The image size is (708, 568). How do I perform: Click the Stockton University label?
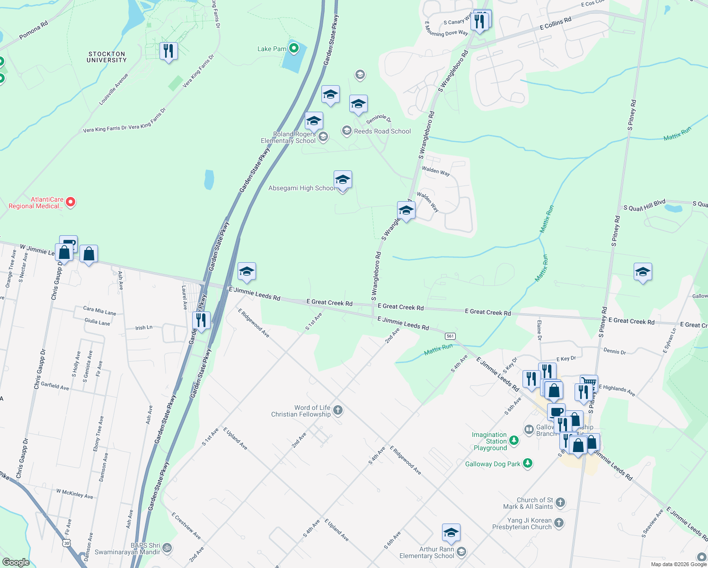(x=107, y=57)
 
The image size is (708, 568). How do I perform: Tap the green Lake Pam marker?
(x=294, y=48)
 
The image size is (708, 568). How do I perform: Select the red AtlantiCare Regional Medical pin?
(x=71, y=203)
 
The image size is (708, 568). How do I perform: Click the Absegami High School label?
(x=301, y=188)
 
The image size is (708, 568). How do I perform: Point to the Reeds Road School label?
(x=382, y=131)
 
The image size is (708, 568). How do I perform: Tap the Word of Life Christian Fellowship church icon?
(x=338, y=410)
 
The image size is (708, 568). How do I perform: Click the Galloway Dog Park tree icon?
(x=528, y=463)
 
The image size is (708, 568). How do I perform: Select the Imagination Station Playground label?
(x=490, y=441)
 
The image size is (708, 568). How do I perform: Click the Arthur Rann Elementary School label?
(x=427, y=552)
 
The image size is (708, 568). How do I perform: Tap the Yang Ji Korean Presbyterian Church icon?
(x=559, y=523)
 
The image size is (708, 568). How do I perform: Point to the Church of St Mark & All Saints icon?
(x=560, y=503)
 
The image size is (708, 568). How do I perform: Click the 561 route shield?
(x=450, y=336)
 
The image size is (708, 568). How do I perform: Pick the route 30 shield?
(x=67, y=543)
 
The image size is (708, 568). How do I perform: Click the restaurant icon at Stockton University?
(x=168, y=51)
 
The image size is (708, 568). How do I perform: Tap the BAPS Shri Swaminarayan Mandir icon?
(x=167, y=548)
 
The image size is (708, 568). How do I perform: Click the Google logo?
(x=16, y=562)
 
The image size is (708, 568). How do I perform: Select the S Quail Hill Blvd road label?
(x=644, y=207)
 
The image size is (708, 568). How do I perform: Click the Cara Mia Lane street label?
(x=99, y=311)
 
